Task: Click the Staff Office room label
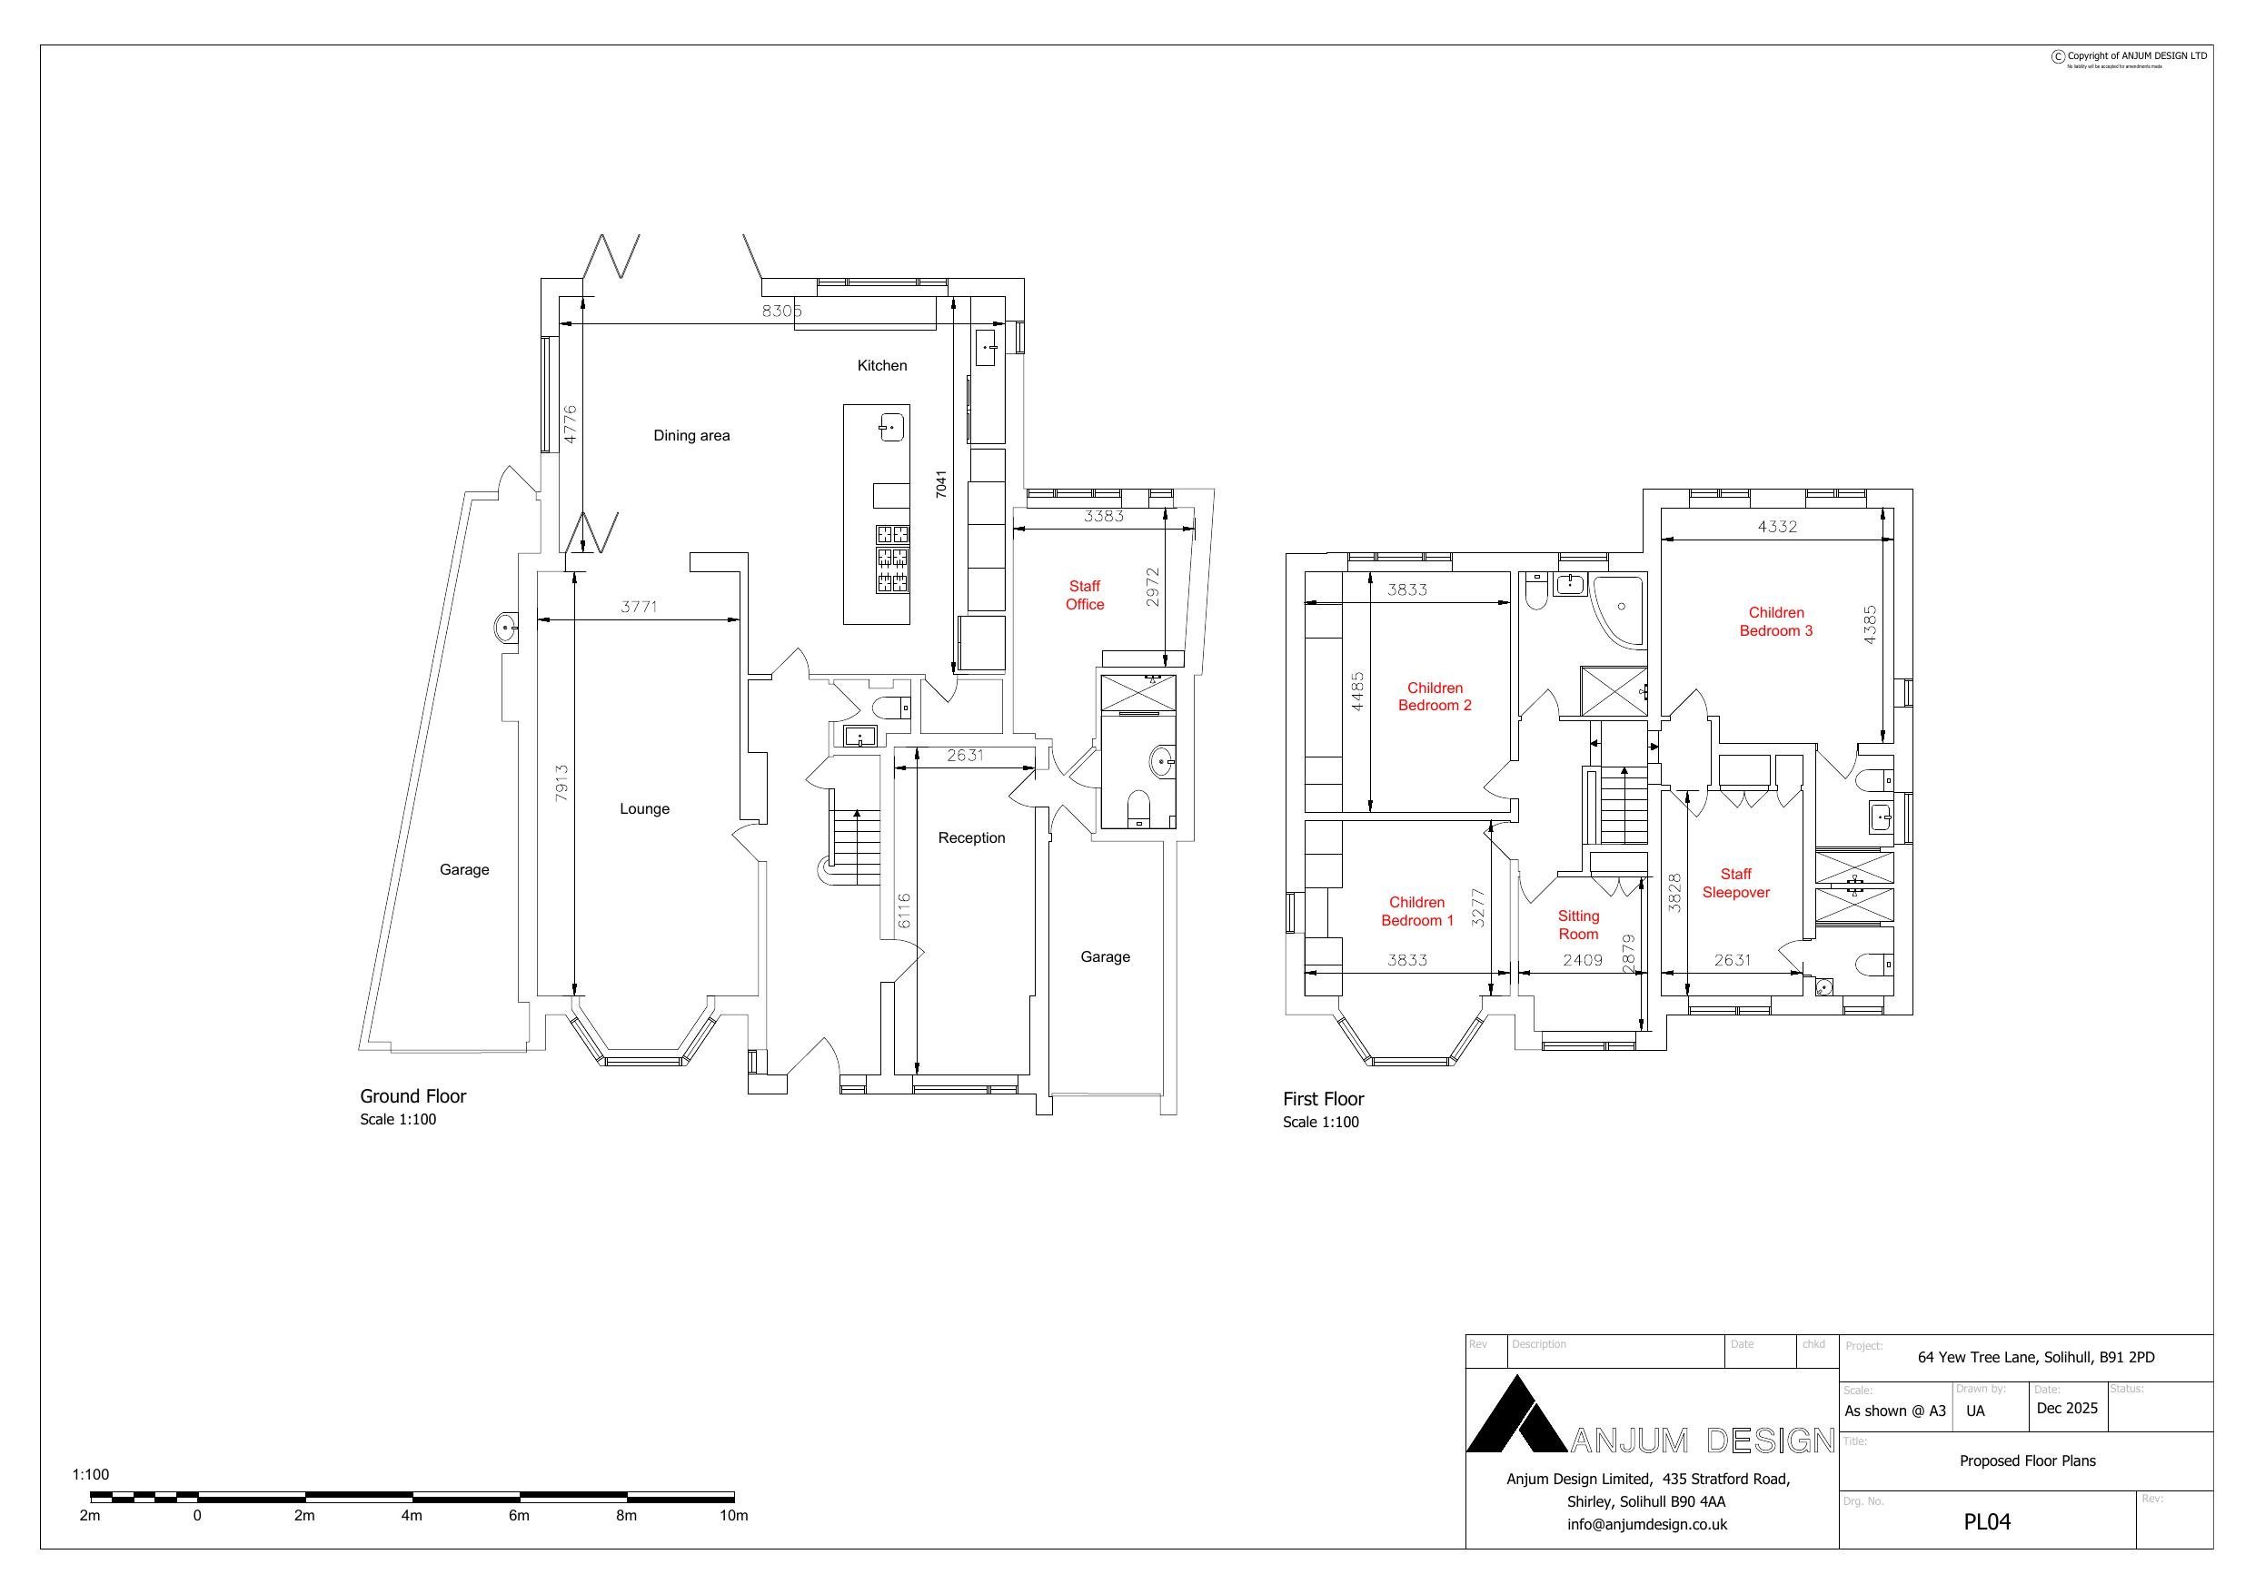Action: point(1084,595)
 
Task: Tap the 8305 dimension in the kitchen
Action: point(781,312)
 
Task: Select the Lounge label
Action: point(644,809)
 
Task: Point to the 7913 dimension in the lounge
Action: point(561,783)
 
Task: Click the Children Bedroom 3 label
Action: point(1775,621)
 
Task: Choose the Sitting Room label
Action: point(1578,926)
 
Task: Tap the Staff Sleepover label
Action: point(1735,883)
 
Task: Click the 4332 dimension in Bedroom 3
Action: point(1777,527)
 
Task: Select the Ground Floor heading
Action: point(412,1096)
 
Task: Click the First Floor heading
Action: point(1323,1099)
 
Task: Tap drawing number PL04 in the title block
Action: point(1987,1521)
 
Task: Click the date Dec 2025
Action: point(2066,1408)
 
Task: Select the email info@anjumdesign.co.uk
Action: point(1647,1524)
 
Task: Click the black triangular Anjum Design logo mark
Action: point(1515,1417)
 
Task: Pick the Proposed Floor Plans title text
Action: point(2027,1460)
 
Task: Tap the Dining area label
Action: point(691,436)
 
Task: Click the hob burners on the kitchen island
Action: point(893,559)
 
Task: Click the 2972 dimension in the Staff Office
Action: point(1153,587)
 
